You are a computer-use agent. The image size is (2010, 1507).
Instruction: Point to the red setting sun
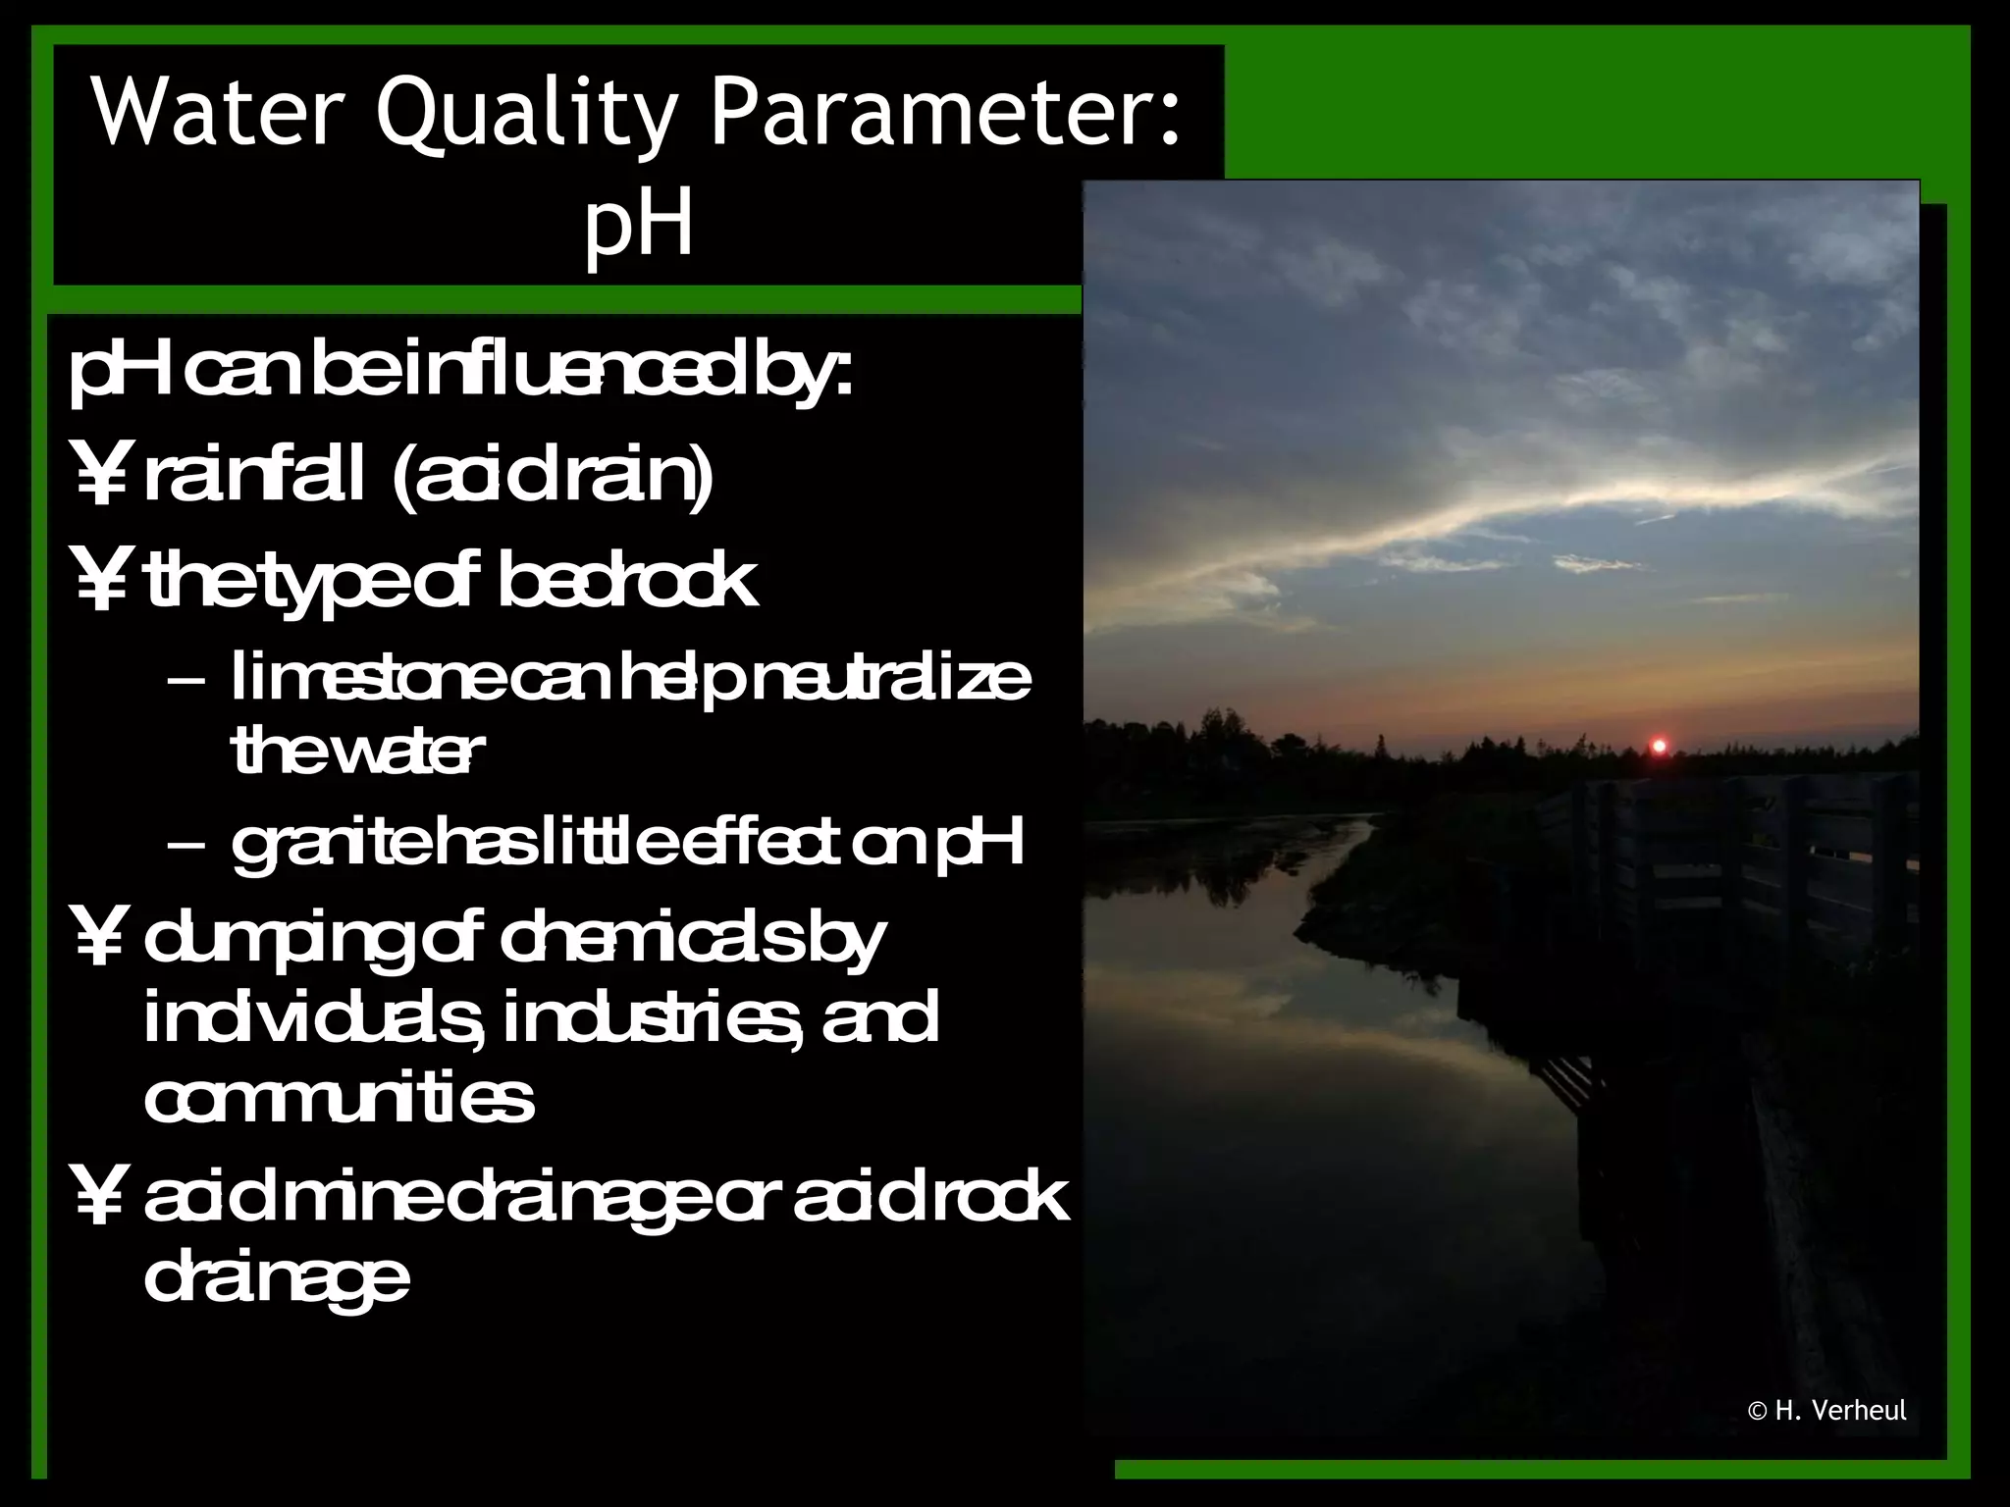[1659, 747]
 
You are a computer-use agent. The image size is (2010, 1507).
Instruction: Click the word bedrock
[628, 581]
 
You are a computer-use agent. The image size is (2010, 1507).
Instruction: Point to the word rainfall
[254, 477]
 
